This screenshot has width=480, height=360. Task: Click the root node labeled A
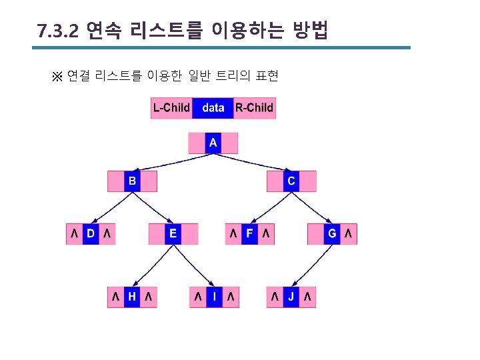[213, 143]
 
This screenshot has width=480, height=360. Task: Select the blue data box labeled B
[132, 181]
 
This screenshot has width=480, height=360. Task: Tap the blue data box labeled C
[291, 181]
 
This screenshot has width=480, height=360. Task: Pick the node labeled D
[91, 233]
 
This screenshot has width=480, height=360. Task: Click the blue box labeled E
[173, 233]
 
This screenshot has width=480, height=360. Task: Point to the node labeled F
[250, 233]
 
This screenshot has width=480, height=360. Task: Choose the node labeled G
[332, 233]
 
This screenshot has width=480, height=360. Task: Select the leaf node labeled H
[132, 297]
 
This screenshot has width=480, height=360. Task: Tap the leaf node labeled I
[214, 297]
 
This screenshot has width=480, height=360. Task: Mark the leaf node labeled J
[291, 297]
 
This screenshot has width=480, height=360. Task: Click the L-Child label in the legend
[171, 108]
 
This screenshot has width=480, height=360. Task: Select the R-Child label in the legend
[254, 108]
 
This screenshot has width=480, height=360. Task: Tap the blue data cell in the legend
[213, 108]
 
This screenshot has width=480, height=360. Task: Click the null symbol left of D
[74, 233]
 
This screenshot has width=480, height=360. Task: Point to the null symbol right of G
[349, 233]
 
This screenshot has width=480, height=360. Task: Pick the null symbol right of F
[266, 233]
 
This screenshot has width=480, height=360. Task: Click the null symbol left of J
[275, 297]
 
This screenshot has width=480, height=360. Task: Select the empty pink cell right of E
[189, 233]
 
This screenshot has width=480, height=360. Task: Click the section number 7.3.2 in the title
[58, 31]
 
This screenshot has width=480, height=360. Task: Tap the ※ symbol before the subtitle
[57, 76]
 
